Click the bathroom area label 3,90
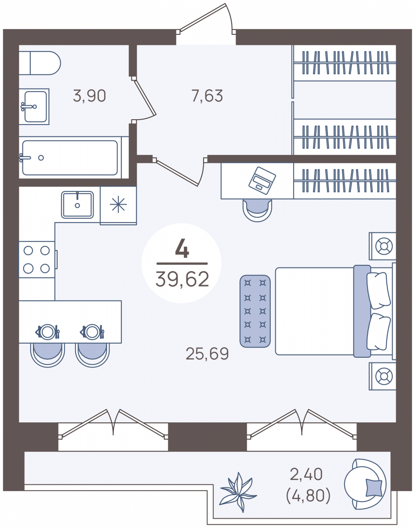pos(90,96)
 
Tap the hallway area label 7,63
pos(207,96)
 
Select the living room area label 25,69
pos(207,354)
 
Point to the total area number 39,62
pos(182,279)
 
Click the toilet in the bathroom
pos(40,63)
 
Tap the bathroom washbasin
pos(34,107)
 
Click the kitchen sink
pos(77,205)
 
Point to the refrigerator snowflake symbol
pos(118,204)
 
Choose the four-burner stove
pos(37,260)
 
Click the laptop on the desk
pos(262,180)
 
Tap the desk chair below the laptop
pos(257,210)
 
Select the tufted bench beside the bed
pos(255,311)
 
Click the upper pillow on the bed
pos(379,290)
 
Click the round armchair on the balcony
pos(365,484)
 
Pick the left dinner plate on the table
pos(47,332)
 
